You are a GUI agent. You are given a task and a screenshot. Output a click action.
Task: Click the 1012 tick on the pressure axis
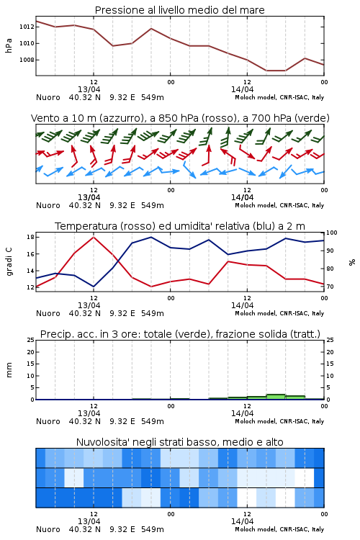[x=26, y=27]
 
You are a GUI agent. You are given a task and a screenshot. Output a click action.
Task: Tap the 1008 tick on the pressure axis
[x=26, y=60]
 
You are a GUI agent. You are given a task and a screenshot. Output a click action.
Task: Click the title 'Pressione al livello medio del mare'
[x=180, y=10]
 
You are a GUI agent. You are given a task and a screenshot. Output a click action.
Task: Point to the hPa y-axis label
[x=9, y=45]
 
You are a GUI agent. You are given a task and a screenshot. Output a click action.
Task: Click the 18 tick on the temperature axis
[x=30, y=237]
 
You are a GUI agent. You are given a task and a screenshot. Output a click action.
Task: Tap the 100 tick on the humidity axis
[x=332, y=233]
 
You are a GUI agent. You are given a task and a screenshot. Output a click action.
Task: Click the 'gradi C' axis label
[x=9, y=261]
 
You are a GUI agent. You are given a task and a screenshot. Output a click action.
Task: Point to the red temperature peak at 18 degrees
[x=94, y=237]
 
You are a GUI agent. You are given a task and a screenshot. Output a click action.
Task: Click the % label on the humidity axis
[x=352, y=262]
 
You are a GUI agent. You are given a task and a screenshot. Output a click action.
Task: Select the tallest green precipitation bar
[x=276, y=397]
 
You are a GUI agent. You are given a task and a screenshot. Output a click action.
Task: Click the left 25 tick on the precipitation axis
[x=30, y=340]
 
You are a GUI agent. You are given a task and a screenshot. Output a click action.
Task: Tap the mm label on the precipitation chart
[x=9, y=370]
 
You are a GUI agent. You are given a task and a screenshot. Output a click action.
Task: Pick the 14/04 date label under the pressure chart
[x=242, y=89]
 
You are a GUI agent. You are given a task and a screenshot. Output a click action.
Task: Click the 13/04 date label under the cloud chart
[x=89, y=521]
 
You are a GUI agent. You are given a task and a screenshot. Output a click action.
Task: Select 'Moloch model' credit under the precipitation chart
[x=256, y=421]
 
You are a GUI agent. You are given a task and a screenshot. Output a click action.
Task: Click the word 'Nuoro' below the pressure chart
[x=48, y=97]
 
